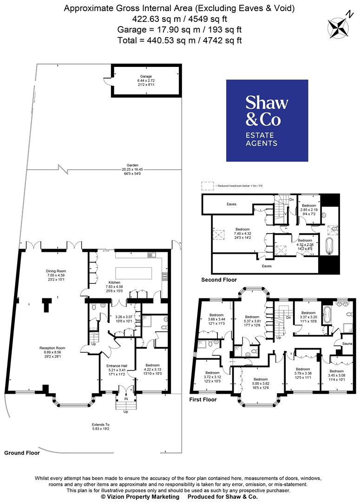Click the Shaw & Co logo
[267, 120]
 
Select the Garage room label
[146, 76]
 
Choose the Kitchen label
[114, 282]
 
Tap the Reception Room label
[52, 348]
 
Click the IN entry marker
[125, 398]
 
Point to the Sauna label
[347, 343]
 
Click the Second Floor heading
[219, 280]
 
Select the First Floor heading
[203, 399]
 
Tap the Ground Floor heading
[22, 452]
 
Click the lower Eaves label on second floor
[266, 266]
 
